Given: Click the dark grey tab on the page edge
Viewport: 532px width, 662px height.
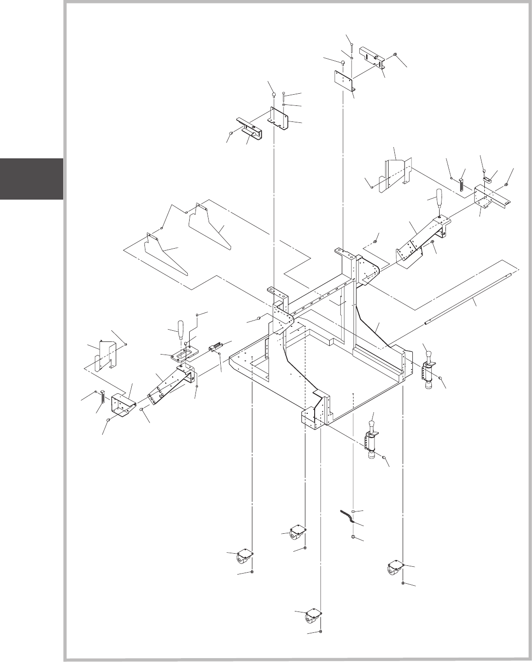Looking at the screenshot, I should click(31, 178).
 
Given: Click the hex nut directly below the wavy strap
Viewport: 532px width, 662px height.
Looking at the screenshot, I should click(354, 538).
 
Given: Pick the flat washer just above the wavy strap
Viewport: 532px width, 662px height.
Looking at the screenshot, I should click(354, 511).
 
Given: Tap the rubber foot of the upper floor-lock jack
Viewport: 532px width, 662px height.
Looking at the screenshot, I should click(429, 387).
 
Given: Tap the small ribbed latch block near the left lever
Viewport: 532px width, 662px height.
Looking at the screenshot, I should click(214, 347).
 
